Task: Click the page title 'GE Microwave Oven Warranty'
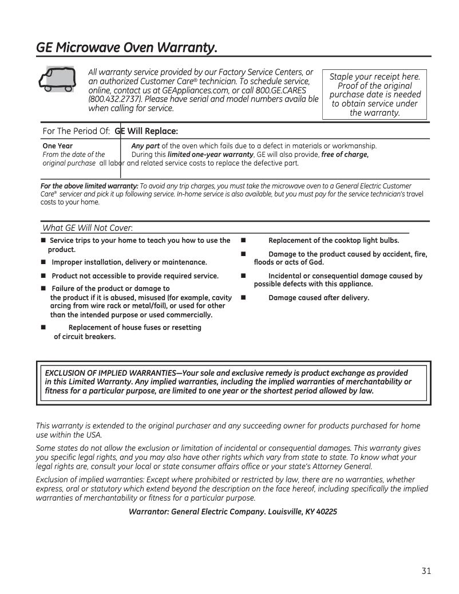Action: point(126,46)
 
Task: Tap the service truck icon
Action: point(54,79)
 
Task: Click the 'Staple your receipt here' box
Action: point(375,95)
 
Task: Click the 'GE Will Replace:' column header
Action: point(147,131)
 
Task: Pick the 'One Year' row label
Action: point(58,146)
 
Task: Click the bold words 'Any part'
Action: point(145,146)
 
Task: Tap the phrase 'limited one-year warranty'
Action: point(210,155)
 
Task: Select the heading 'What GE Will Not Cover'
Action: point(88,229)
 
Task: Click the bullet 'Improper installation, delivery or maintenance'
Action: point(129,262)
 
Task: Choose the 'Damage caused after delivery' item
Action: point(319,298)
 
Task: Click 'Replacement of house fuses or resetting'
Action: point(134,328)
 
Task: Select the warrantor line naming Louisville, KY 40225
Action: point(233,511)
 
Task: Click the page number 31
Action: point(426,571)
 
